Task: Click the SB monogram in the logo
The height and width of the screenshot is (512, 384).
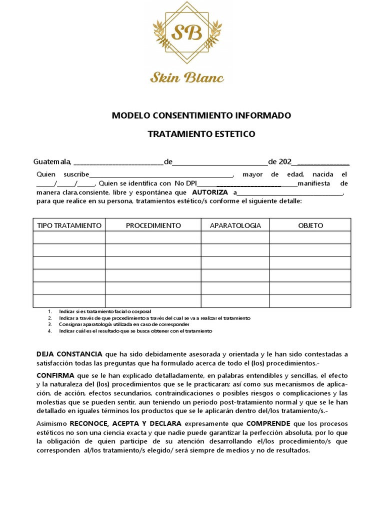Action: [x=187, y=33]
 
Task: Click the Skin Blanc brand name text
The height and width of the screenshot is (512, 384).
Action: [x=187, y=77]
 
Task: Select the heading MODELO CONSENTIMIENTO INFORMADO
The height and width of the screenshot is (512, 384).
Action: [x=201, y=116]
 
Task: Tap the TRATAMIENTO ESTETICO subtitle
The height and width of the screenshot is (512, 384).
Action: [x=201, y=134]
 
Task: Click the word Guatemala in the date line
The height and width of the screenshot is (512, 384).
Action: [x=52, y=162]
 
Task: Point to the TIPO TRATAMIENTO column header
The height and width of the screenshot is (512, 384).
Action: [x=69, y=225]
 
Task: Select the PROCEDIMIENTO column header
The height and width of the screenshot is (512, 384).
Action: [x=153, y=225]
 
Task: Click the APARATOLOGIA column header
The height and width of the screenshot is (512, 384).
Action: [x=235, y=225]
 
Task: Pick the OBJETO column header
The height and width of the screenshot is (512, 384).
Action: [x=310, y=225]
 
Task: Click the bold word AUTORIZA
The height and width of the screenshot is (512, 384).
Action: [x=210, y=192]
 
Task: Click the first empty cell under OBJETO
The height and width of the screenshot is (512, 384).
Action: [x=310, y=237]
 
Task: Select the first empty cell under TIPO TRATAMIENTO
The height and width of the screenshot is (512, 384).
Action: [x=69, y=237]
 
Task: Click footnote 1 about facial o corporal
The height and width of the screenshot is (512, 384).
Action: [x=104, y=311]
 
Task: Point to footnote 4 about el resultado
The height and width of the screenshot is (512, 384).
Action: [x=135, y=331]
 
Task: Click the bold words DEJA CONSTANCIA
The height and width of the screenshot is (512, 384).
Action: [x=69, y=354]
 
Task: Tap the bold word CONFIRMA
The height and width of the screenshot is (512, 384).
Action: [x=55, y=375]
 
